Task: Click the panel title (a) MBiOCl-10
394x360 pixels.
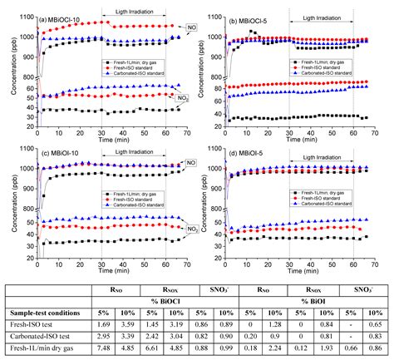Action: pos(67,17)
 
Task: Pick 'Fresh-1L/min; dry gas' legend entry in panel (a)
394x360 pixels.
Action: pos(139,62)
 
